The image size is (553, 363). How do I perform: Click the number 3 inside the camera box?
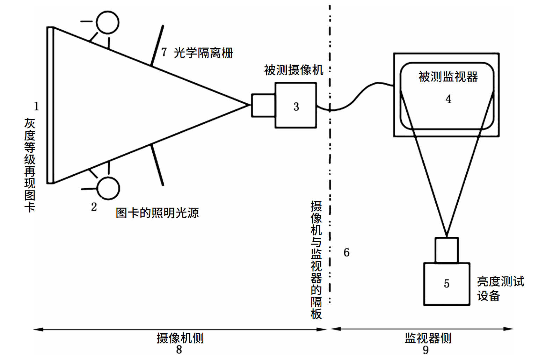coord(296,107)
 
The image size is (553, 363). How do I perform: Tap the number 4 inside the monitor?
coord(449,99)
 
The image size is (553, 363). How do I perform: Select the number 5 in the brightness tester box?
coord(446,283)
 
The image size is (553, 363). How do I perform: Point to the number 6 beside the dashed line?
coord(346,252)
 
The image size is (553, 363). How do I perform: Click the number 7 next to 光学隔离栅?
coord(164,52)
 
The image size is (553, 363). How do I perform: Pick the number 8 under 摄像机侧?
coord(179,349)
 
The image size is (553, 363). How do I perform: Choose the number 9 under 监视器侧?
coord(425,350)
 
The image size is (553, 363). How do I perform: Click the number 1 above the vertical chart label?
coord(36,106)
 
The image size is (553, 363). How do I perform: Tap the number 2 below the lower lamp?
coord(94,207)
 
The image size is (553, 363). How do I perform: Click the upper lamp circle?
coord(108,22)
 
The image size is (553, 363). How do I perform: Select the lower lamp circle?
coord(108,188)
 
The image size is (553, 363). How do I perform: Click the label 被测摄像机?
coord(293,70)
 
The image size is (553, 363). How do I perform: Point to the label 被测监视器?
coord(448,77)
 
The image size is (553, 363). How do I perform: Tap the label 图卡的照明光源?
coord(157,212)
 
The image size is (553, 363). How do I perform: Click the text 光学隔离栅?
coord(203,53)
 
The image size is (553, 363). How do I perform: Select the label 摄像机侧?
coord(180,338)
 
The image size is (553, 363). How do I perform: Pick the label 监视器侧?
coord(428,338)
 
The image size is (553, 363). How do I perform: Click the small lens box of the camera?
coord(263,105)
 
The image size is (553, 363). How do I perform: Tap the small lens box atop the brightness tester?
coord(446,250)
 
